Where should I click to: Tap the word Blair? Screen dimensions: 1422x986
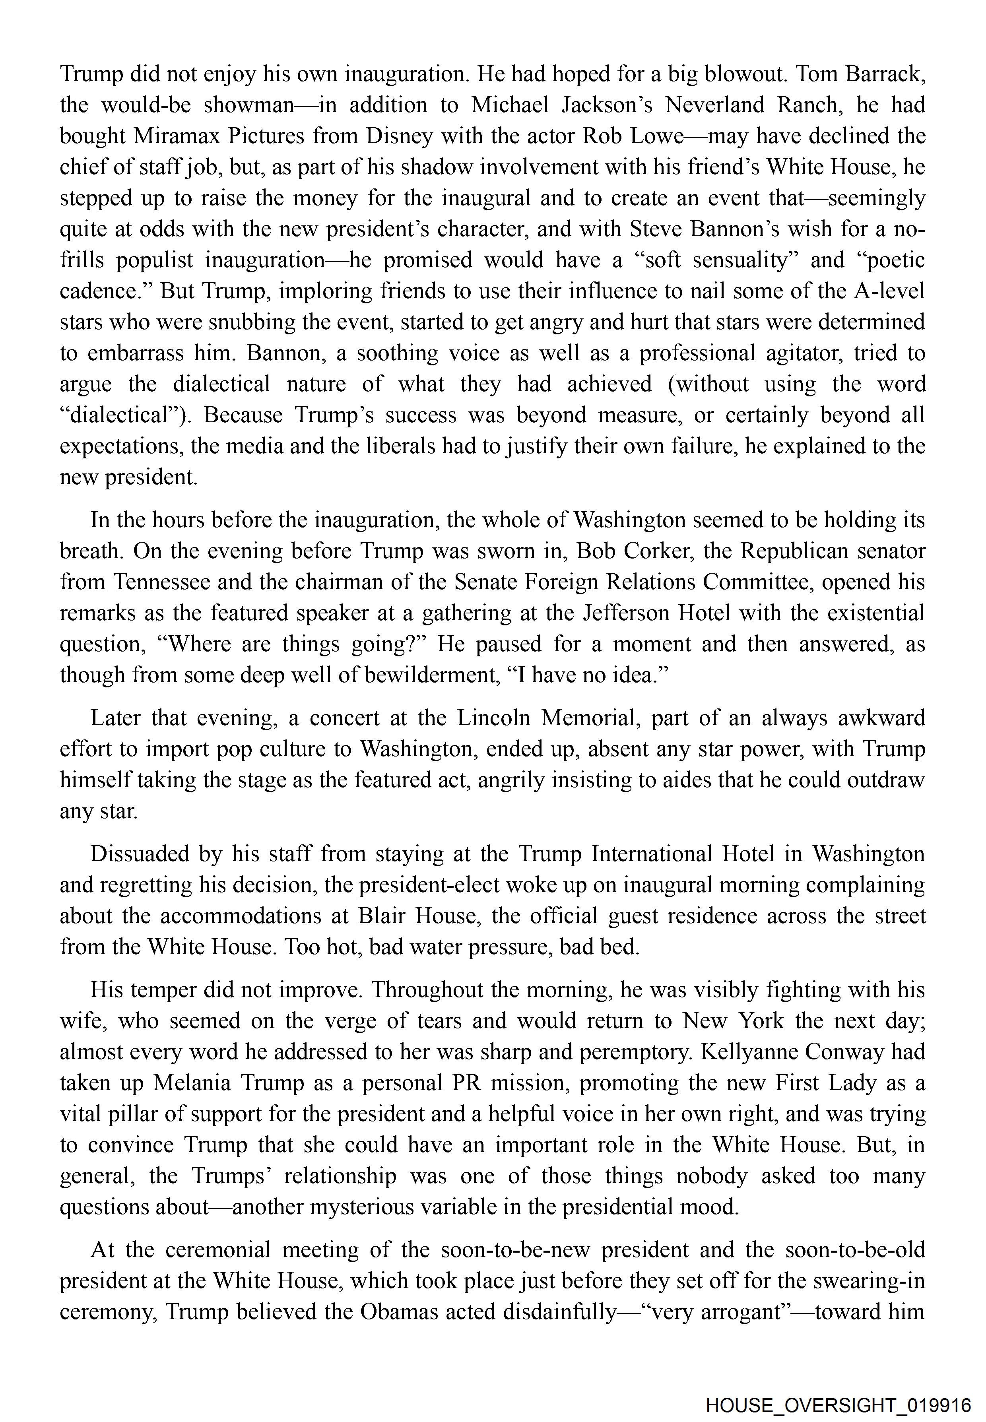380,916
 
